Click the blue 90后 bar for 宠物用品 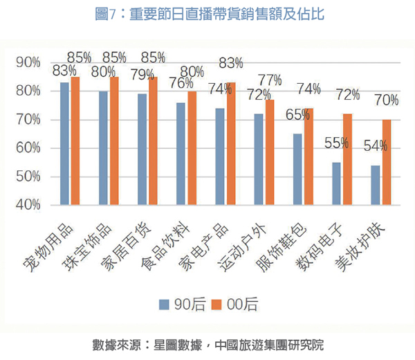click(x=65, y=143)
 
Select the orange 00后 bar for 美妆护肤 click(x=386, y=162)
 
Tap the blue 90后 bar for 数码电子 click(x=336, y=183)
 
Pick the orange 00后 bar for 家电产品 click(x=230, y=143)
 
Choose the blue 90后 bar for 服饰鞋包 click(x=297, y=169)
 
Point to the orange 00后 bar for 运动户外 click(x=269, y=152)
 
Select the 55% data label click(x=337, y=143)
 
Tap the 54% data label click(x=375, y=146)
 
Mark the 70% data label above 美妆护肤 click(x=387, y=101)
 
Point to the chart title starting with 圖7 click(x=207, y=13)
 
